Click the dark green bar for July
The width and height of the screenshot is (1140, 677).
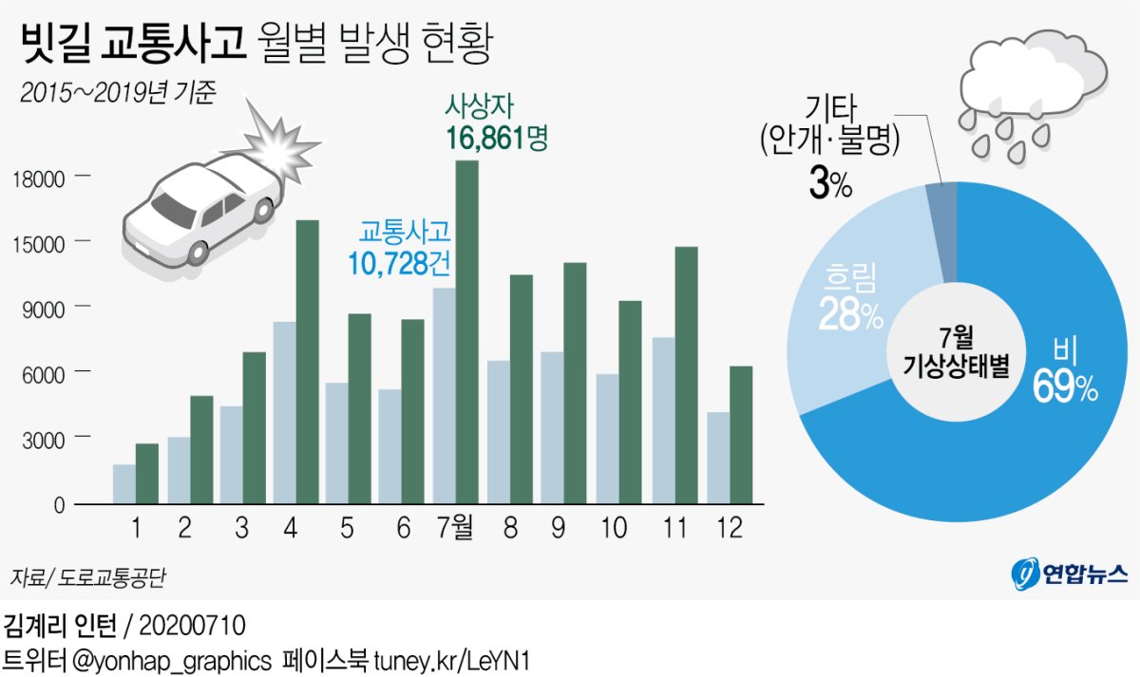click(x=467, y=332)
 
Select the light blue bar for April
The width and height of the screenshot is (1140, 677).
click(x=284, y=413)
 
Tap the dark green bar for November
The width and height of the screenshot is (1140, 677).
click(x=686, y=375)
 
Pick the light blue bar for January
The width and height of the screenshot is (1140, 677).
click(x=123, y=484)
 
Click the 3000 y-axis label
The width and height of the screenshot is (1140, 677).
click(x=44, y=438)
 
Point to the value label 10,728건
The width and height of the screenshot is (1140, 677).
click(x=402, y=263)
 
